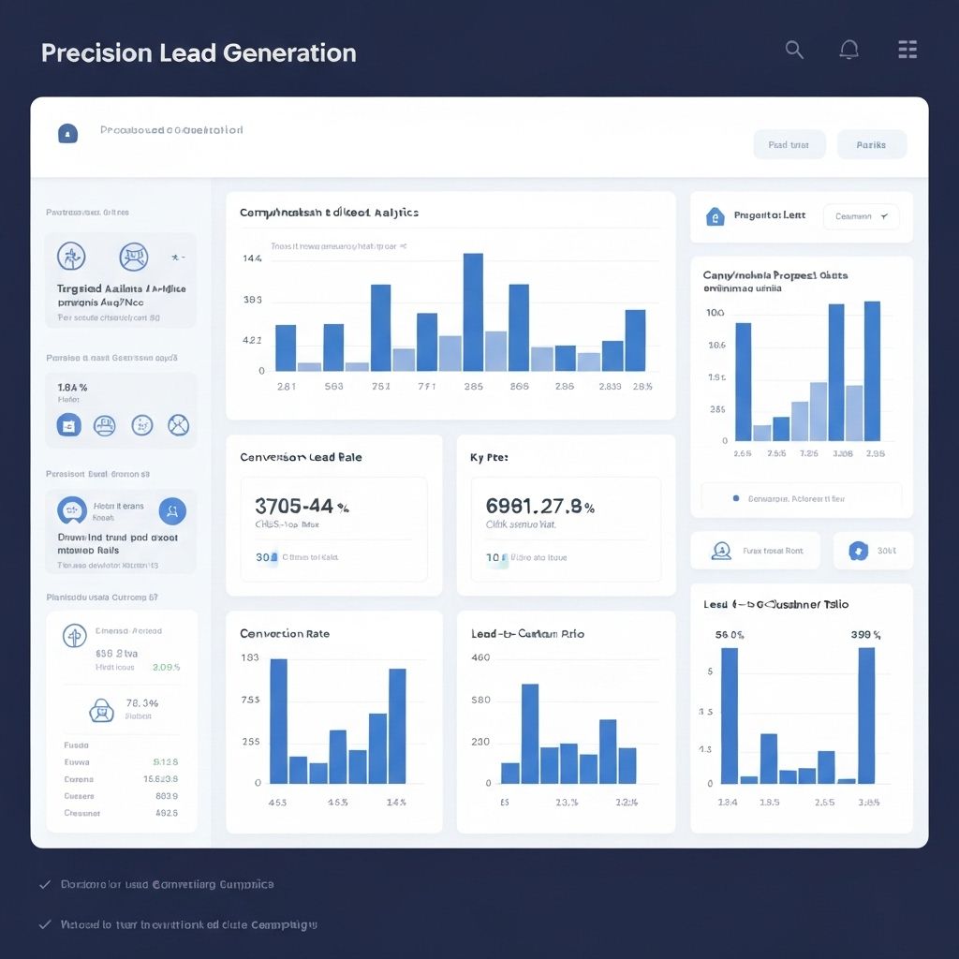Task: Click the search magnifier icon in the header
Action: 794,51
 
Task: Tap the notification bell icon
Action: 848,51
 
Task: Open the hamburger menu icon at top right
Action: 907,51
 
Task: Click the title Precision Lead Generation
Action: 199,52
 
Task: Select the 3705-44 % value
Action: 302,507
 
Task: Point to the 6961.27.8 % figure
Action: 539,507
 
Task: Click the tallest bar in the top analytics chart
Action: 473,312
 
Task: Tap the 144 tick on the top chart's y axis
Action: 252,258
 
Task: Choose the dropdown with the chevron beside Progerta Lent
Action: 861,216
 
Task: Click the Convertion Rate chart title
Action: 285,634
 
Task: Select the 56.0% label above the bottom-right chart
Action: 730,635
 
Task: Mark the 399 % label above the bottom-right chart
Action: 865,635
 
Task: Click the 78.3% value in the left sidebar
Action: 141,703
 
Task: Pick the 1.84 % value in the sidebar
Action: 72,388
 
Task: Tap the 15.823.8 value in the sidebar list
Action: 160,779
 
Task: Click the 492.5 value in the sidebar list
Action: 166,813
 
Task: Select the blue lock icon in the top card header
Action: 67,134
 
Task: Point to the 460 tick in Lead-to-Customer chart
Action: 480,658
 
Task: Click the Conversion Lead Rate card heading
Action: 301,458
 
